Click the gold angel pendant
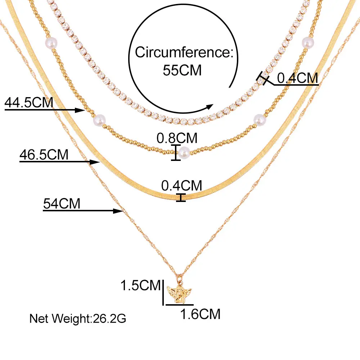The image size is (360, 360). coord(179,292)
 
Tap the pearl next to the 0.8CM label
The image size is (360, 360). coord(184,151)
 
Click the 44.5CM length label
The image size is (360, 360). coord(29,103)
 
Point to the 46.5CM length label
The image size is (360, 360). coord(44,155)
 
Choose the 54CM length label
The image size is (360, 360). coord(62,204)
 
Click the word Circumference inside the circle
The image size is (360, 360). coord(185,53)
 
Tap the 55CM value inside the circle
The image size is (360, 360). coord(182,70)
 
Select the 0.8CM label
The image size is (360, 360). coord(177,138)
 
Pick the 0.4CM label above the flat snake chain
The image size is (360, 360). coord(181,185)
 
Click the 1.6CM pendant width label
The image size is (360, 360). coord(200,314)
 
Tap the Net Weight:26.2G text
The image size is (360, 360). coord(78,319)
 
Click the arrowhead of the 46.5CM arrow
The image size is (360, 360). coord(96,162)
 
